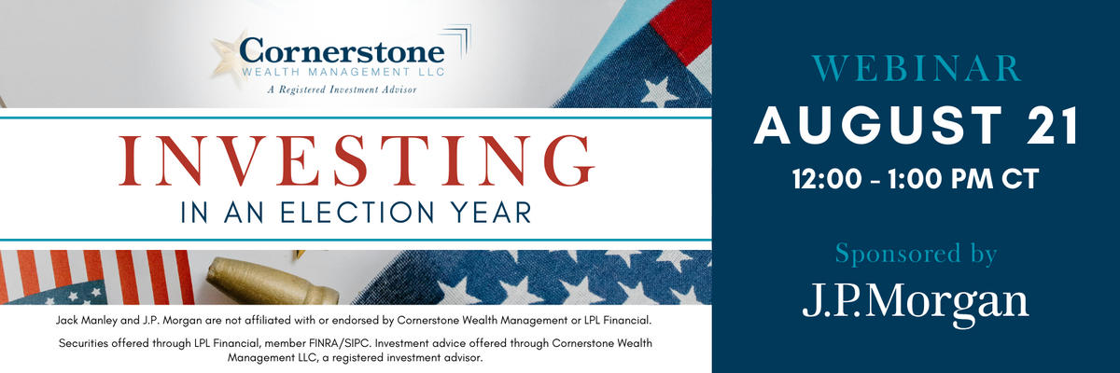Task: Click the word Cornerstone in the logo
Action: point(342,51)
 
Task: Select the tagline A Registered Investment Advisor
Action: point(342,90)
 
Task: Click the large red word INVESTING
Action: point(356,160)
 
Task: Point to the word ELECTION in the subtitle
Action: point(357,212)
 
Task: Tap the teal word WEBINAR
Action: point(917,68)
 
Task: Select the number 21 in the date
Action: point(1053,125)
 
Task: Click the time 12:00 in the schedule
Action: point(827,179)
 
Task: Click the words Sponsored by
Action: point(916,255)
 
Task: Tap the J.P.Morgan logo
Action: point(916,301)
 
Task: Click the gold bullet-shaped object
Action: point(272,281)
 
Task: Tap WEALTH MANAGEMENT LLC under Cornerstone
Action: point(343,73)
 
